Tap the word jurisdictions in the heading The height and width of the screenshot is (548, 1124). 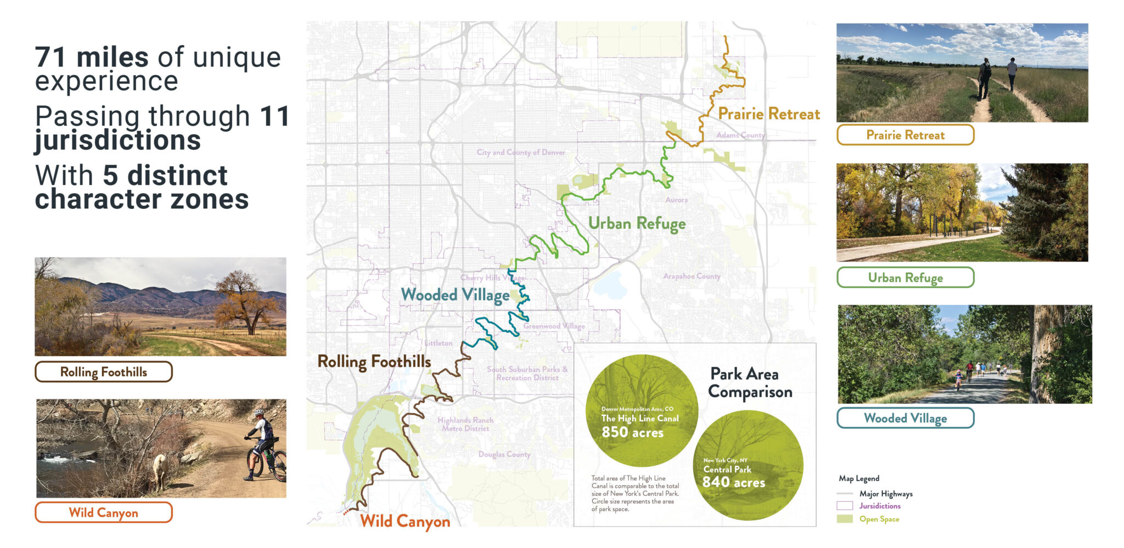tap(118, 140)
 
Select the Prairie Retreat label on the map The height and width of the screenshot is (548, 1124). tap(769, 114)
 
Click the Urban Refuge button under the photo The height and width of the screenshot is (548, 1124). tap(905, 278)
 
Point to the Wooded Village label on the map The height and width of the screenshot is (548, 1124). tap(455, 295)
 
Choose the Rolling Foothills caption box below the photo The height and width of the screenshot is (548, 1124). tap(103, 372)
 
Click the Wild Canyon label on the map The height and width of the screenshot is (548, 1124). tap(404, 521)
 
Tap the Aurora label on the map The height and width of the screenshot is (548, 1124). tap(676, 200)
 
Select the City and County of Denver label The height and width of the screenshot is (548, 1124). tap(520, 152)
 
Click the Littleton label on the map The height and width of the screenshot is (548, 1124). tap(439, 343)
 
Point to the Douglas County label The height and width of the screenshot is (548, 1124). tap(504, 454)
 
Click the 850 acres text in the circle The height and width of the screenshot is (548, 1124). tap(632, 432)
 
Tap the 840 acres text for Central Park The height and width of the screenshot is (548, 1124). tap(733, 483)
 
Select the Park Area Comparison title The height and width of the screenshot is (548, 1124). tap(750, 383)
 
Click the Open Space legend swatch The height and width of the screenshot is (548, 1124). tap(845, 519)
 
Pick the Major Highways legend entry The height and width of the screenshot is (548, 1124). tap(885, 494)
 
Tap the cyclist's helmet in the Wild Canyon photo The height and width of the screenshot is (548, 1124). tap(258, 412)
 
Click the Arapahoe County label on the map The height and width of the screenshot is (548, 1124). tap(692, 276)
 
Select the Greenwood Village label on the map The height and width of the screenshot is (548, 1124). tap(554, 326)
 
